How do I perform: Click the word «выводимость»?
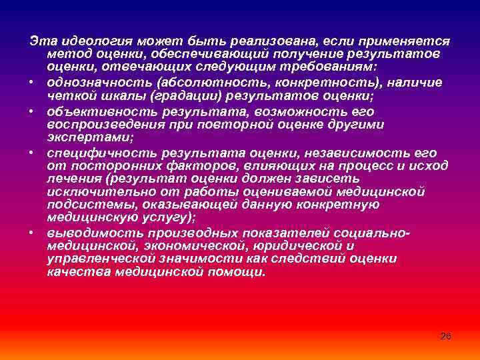91,233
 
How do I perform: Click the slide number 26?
446,336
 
